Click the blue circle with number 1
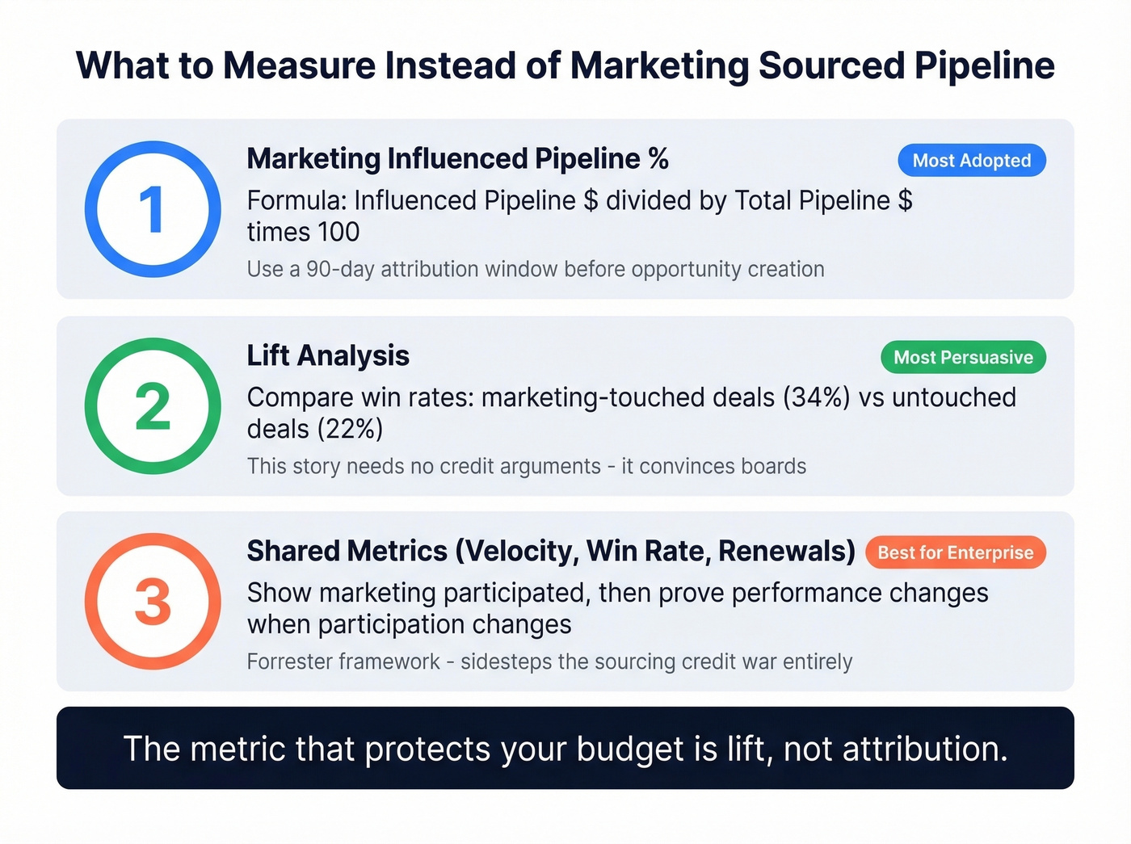click(153, 209)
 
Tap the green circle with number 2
click(153, 405)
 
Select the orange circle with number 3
click(153, 602)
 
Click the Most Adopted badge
click(971, 161)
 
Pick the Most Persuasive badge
click(963, 357)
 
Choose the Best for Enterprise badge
click(955, 552)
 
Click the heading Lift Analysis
click(328, 355)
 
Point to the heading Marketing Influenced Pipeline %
click(457, 159)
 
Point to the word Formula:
click(296, 200)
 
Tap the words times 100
click(303, 233)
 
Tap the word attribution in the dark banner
click(925, 750)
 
